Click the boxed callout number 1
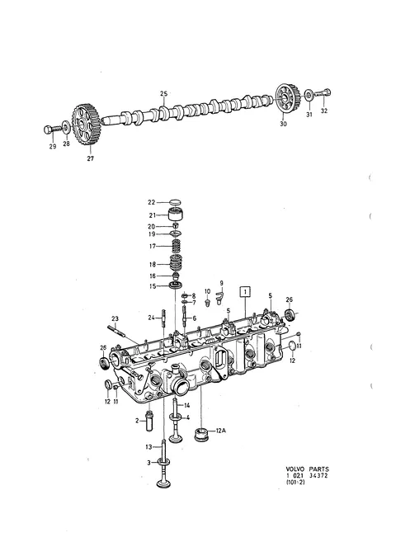tap(245, 291)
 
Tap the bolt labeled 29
tap(51, 130)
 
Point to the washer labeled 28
tap(66, 127)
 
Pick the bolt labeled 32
tap(323, 93)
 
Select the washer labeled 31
tap(309, 95)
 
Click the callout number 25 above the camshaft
tap(163, 94)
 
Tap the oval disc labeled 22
tap(175, 202)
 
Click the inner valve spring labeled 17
tap(177, 246)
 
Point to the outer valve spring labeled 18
tap(176, 264)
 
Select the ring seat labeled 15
tap(176, 285)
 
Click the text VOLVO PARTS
tap(307, 469)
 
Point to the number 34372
tap(318, 475)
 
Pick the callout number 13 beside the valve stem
tap(148, 447)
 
